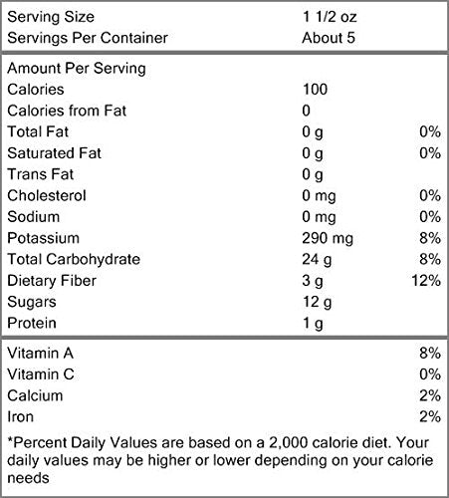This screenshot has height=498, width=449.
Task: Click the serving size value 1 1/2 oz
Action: pyautogui.click(x=330, y=17)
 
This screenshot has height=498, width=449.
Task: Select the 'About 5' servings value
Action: pyautogui.click(x=329, y=38)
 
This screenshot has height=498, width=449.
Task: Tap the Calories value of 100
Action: pyautogui.click(x=315, y=90)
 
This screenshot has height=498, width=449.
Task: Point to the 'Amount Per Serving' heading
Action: pyautogui.click(x=77, y=69)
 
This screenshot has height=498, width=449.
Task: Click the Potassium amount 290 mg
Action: pyautogui.click(x=328, y=239)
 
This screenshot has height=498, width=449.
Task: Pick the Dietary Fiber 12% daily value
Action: pyautogui.click(x=426, y=281)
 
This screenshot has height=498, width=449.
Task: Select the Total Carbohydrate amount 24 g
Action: pyautogui.click(x=317, y=260)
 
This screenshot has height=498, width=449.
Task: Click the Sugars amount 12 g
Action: pyautogui.click(x=317, y=303)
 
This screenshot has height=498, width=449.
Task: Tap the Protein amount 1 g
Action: pyautogui.click(x=313, y=324)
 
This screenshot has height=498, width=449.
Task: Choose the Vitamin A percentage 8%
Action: pyautogui.click(x=430, y=353)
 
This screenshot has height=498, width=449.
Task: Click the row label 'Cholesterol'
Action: pyautogui.click(x=47, y=195)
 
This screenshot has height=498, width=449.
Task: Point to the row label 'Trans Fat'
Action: pyautogui.click(x=41, y=174)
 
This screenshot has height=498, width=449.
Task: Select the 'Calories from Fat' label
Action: pyautogui.click(x=67, y=111)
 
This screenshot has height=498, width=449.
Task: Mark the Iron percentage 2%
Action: pyautogui.click(x=430, y=416)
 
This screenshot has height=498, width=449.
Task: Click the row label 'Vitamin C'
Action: pyautogui.click(x=41, y=374)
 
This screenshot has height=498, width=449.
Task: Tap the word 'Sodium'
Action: pyautogui.click(x=34, y=217)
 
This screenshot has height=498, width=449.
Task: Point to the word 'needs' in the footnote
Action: pyautogui.click(x=28, y=478)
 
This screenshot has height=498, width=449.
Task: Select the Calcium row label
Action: pyautogui.click(x=35, y=395)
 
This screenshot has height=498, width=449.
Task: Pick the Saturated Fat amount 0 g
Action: pyautogui.click(x=313, y=153)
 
